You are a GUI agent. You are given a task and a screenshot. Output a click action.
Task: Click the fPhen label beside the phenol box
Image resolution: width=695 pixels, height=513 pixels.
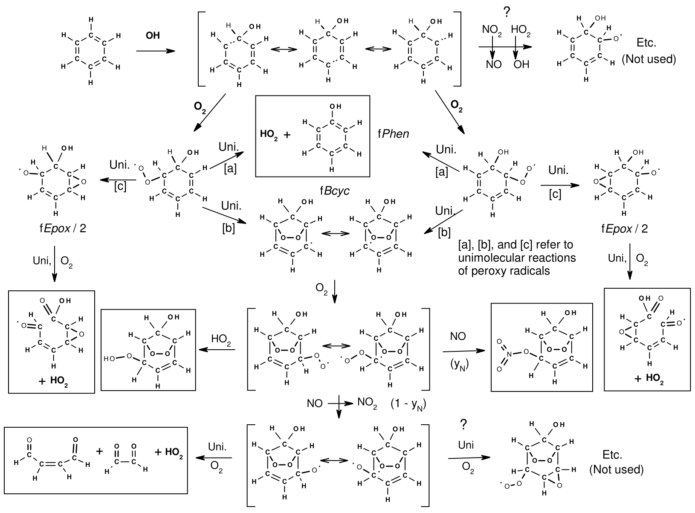point(393,134)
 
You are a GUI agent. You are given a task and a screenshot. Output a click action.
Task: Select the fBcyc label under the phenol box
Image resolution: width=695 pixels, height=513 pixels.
point(335,191)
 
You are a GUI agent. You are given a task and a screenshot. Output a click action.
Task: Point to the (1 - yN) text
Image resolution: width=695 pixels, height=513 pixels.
point(408,404)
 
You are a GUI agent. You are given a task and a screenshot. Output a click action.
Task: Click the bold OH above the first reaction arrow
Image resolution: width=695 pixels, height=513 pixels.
point(153,36)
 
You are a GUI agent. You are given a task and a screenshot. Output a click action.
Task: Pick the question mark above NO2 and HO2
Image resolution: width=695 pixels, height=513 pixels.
point(507,13)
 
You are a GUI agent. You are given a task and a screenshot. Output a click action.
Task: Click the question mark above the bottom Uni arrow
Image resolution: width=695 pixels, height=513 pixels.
point(463,424)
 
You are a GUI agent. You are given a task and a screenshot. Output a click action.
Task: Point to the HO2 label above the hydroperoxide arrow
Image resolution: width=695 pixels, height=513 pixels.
point(221,339)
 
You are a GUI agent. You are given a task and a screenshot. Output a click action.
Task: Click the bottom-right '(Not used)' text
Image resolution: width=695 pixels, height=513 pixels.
point(617,470)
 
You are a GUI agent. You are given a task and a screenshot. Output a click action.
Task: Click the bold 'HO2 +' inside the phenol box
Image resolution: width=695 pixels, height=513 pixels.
point(275,135)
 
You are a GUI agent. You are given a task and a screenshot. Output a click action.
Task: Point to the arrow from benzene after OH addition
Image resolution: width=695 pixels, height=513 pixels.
point(156,51)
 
